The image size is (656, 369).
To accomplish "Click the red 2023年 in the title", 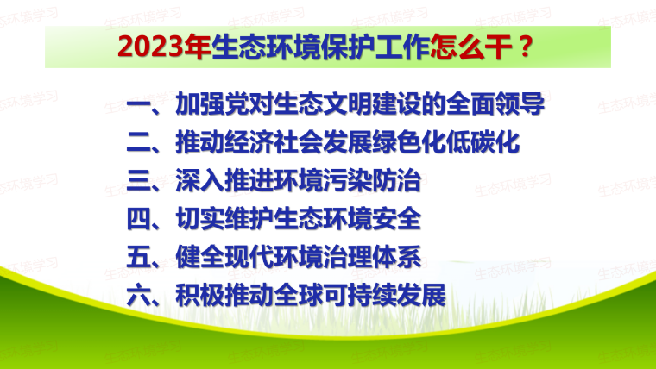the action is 164,47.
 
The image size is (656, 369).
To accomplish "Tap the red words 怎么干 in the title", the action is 471,47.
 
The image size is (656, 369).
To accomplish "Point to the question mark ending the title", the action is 525,46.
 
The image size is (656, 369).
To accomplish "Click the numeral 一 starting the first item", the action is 138,104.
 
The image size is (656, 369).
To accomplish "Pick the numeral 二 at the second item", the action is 138,143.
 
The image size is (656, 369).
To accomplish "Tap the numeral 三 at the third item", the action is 138,180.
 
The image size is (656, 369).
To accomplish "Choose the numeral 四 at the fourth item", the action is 138,219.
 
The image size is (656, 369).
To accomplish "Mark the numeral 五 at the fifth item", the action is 138,257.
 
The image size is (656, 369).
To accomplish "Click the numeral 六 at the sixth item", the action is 138,295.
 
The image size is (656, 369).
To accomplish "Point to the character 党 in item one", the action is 237,104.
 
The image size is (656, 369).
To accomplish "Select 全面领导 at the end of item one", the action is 495,104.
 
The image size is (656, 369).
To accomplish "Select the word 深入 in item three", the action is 200,180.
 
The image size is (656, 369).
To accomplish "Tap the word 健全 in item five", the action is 200,257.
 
